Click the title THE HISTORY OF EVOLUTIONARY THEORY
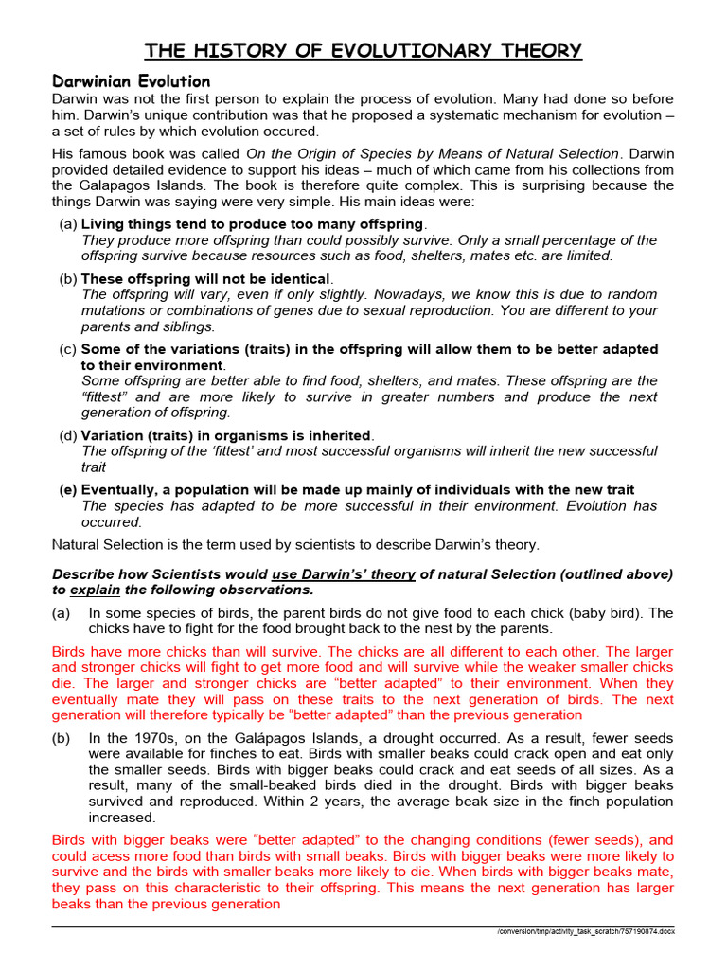(363, 50)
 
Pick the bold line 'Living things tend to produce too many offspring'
(253, 224)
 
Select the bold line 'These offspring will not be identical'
(205, 279)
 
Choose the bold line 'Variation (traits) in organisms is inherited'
(226, 435)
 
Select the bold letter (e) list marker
(68, 490)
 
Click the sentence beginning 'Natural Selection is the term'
(294, 544)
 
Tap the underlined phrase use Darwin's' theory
(345, 574)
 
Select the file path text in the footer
(586, 932)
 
